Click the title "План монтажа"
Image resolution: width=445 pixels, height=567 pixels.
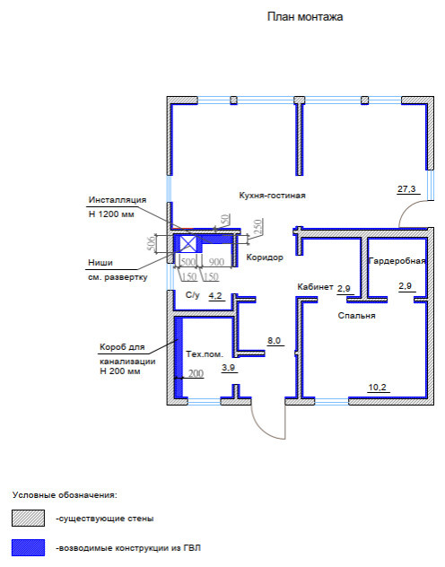pos(305,17)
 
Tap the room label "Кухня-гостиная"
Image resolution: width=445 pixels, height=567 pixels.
pos(272,196)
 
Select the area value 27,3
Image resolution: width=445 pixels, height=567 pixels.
pos(406,188)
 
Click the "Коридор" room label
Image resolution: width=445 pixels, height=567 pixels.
pos(265,257)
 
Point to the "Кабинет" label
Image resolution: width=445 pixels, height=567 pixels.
pos(315,287)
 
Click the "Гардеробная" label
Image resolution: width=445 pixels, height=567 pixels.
pos(397,261)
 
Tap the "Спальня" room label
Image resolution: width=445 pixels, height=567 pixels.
pos(356,315)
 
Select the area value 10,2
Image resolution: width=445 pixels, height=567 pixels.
pos(377,388)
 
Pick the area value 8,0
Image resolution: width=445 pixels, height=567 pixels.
pos(274,341)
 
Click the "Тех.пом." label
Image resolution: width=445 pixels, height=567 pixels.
pos(205,354)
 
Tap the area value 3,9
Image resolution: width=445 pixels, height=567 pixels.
pos(228,368)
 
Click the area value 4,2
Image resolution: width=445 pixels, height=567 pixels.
pos(215,296)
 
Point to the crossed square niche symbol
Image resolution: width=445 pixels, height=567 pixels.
pos(188,244)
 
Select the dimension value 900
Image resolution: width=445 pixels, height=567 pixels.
pos(216,261)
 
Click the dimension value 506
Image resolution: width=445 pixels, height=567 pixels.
pos(152,242)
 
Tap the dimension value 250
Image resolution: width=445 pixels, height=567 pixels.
pos(257,227)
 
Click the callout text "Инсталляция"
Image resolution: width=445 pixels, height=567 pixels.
pos(118,199)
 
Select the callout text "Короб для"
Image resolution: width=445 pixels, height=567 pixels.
pos(122,347)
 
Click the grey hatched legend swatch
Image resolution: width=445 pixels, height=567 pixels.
pos(28,518)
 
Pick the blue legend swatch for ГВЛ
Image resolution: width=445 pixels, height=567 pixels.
pos(28,547)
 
